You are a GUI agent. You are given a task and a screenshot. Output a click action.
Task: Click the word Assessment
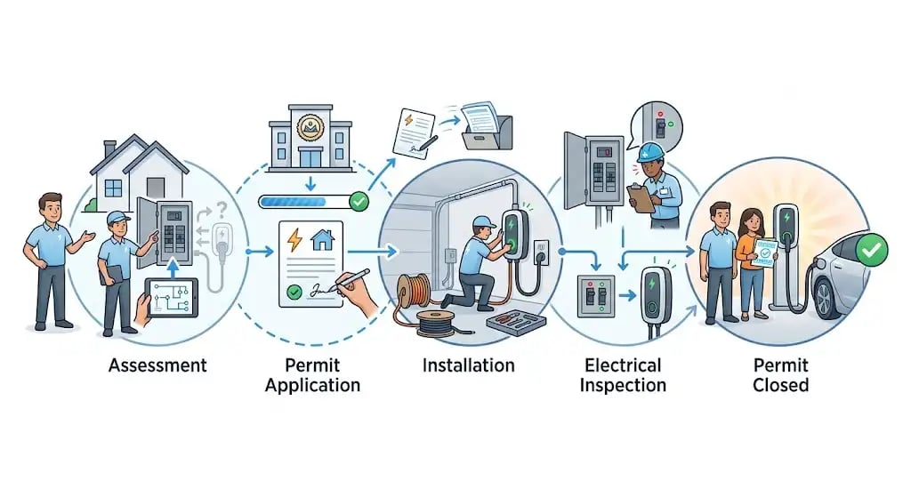[x=157, y=365]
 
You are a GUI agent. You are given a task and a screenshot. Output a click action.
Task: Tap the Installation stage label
[x=468, y=365]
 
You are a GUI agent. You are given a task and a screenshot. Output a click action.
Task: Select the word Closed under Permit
[x=780, y=385]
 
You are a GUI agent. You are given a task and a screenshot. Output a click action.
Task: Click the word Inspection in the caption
[x=623, y=386]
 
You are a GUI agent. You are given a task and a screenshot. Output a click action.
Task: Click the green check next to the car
[x=872, y=250]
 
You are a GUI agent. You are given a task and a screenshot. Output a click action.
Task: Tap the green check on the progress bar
[x=359, y=202]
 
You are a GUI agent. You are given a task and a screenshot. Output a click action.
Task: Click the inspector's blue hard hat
[x=649, y=152]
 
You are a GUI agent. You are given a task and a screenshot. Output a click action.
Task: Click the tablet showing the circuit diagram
[x=172, y=297]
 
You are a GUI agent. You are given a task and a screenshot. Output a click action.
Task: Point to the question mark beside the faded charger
[x=222, y=209]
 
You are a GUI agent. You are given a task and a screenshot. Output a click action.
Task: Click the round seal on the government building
[x=310, y=127]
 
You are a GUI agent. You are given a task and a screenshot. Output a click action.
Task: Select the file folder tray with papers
[x=487, y=127]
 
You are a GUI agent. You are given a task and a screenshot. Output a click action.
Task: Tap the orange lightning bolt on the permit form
[x=295, y=238]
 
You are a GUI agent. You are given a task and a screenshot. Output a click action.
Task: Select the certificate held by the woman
[x=764, y=253]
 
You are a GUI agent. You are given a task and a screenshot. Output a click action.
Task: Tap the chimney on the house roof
[x=109, y=148]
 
